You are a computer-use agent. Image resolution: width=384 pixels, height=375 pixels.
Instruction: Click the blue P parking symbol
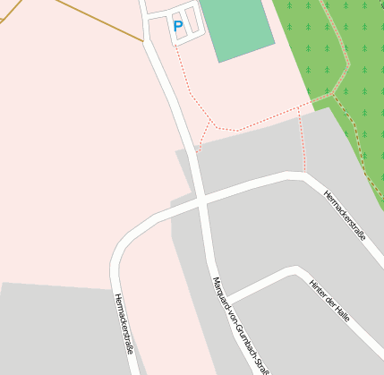coord(177,27)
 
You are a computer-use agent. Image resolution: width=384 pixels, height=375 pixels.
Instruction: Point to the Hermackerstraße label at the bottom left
coord(124,322)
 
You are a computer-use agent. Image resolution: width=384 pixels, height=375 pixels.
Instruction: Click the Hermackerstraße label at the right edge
coord(346,216)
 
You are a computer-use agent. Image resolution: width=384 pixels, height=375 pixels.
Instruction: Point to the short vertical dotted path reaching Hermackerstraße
coord(303,143)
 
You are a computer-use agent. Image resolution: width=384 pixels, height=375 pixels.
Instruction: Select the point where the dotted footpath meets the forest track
coord(332,94)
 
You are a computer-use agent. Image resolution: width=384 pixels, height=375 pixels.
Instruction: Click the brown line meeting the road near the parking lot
coord(143,41)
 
